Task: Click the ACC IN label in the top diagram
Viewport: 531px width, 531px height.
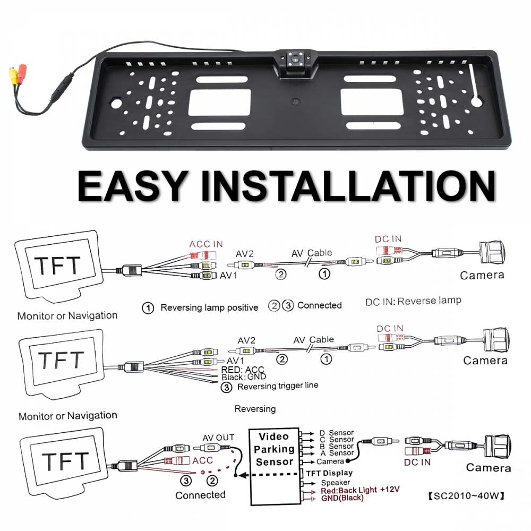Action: tap(206, 244)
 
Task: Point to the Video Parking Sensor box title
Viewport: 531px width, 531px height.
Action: tap(274, 449)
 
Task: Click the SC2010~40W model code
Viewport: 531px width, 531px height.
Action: tap(465, 497)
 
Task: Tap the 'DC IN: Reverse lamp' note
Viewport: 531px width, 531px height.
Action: tap(413, 301)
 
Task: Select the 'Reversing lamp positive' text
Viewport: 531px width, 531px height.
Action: tap(209, 307)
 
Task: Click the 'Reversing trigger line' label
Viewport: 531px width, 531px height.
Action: tap(278, 386)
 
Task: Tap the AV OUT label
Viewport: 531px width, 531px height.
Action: tap(218, 438)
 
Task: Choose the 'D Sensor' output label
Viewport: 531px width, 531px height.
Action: tap(336, 433)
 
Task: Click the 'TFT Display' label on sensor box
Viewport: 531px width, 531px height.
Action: tap(329, 473)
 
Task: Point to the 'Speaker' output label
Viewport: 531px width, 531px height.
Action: tap(335, 483)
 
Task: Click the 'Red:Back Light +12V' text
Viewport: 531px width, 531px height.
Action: tap(360, 490)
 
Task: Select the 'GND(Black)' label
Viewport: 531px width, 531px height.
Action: tap(342, 498)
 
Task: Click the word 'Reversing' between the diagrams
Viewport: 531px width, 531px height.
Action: tap(255, 409)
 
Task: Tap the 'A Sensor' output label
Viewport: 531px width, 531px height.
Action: tap(336, 453)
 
